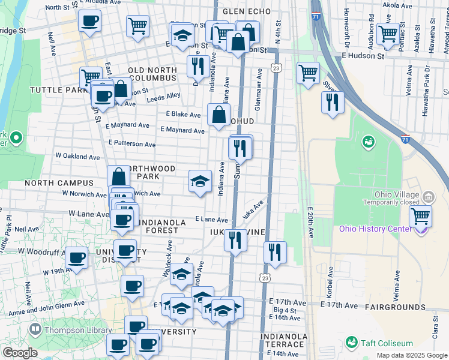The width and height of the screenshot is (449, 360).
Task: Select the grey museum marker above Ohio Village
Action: tap(429, 196)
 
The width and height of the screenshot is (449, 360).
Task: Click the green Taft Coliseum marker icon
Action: tap(352, 343)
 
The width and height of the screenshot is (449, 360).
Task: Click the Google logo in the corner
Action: tap(19, 352)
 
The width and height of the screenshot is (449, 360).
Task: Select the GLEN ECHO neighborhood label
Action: tap(247, 11)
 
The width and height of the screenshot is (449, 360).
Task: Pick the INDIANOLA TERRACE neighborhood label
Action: tap(282, 340)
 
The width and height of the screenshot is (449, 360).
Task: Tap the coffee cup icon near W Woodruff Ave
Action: tap(76, 257)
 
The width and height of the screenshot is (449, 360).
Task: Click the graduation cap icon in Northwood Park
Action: tap(200, 180)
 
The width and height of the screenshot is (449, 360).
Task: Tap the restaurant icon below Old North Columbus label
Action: tap(197, 66)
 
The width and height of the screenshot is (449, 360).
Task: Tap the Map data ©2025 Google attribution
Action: tap(411, 355)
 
